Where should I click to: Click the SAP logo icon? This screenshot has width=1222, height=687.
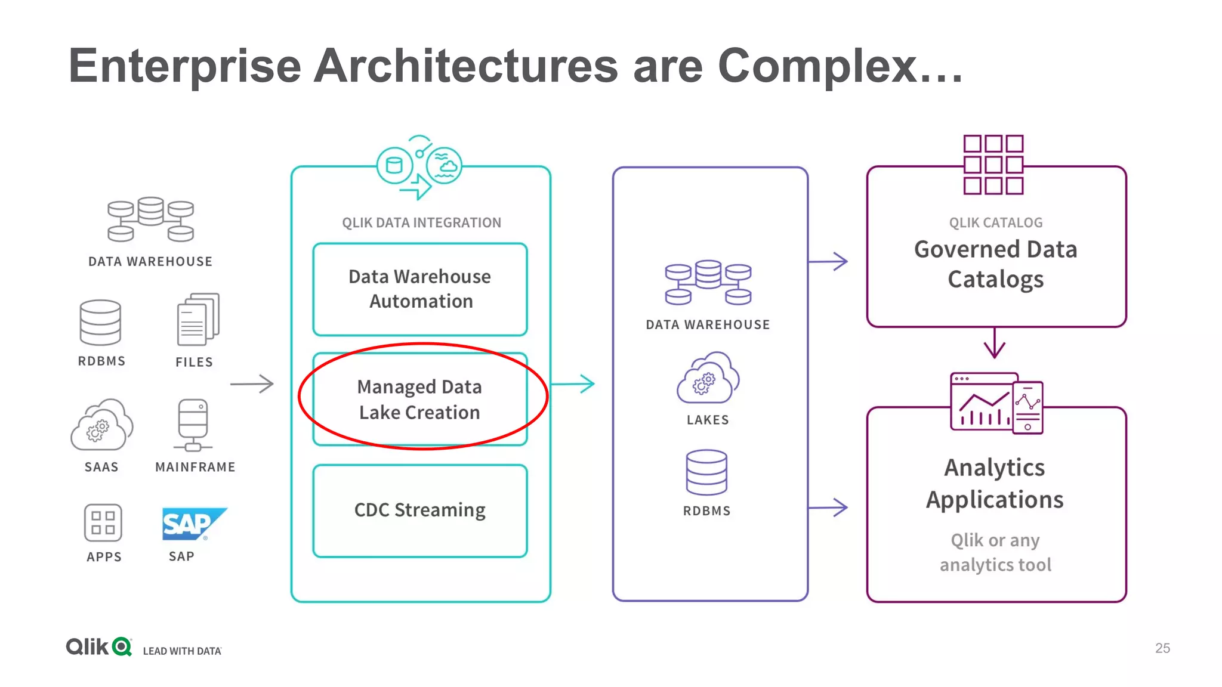click(x=193, y=524)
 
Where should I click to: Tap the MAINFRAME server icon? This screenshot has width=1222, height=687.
click(x=193, y=425)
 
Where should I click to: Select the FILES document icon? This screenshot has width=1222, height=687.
click(x=198, y=319)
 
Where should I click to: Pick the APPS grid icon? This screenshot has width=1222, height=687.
click(x=103, y=522)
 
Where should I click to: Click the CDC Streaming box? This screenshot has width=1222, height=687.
click(x=419, y=510)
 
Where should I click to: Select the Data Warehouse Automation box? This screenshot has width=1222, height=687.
click(x=419, y=289)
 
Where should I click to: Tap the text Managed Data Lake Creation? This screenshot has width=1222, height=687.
click(x=419, y=400)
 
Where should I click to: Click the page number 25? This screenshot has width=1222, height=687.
click(x=1162, y=648)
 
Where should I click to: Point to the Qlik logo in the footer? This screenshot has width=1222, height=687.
click(x=98, y=646)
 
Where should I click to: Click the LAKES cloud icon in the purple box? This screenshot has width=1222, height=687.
click(x=708, y=378)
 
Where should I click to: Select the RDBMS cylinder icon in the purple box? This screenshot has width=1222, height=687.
click(x=706, y=472)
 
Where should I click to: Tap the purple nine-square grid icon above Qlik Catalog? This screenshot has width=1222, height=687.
click(x=993, y=165)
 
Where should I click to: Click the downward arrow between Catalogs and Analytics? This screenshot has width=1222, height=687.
click(x=994, y=343)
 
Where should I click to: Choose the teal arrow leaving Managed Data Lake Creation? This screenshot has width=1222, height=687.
click(x=573, y=383)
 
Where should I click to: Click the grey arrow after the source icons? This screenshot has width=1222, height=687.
click(x=252, y=383)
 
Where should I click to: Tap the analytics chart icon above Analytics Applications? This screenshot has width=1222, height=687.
click(x=996, y=403)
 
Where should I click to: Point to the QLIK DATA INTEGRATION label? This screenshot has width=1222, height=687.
click(x=421, y=222)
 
